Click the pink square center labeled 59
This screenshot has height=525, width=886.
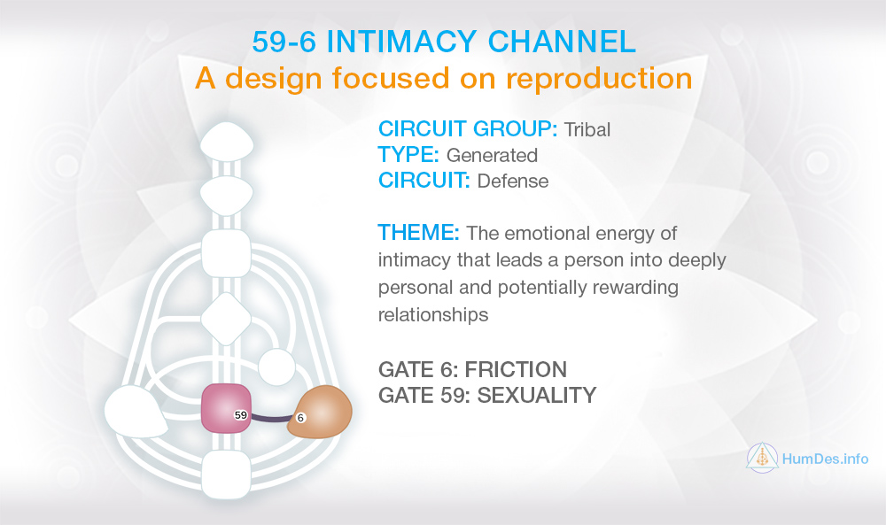pyautogui.click(x=226, y=408)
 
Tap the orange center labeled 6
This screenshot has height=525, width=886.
pyautogui.click(x=321, y=412)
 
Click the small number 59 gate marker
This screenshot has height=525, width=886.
pyautogui.click(x=241, y=415)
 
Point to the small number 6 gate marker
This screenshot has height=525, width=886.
pyautogui.click(x=300, y=418)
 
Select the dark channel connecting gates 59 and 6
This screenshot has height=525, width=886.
pyautogui.click(x=271, y=418)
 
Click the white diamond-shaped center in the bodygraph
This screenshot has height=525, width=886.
pyautogui.click(x=226, y=319)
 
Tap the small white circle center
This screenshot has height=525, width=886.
pyautogui.click(x=276, y=367)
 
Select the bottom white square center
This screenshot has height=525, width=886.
pyautogui.click(x=226, y=475)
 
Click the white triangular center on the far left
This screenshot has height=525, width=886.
pyautogui.click(x=135, y=412)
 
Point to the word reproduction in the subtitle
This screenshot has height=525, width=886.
pyautogui.click(x=599, y=79)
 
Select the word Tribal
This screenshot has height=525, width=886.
pyautogui.click(x=587, y=130)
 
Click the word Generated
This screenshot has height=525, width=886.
pyautogui.click(x=492, y=155)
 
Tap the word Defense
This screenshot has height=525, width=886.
pyautogui.click(x=512, y=181)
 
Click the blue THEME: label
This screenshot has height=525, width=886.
pyautogui.click(x=419, y=233)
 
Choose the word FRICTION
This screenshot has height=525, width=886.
pyautogui.click(x=516, y=370)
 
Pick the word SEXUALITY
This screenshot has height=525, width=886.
pyautogui.click(x=537, y=395)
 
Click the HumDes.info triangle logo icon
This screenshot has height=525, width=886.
pyautogui.click(x=762, y=458)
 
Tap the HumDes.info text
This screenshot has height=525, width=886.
pyautogui.click(x=825, y=459)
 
